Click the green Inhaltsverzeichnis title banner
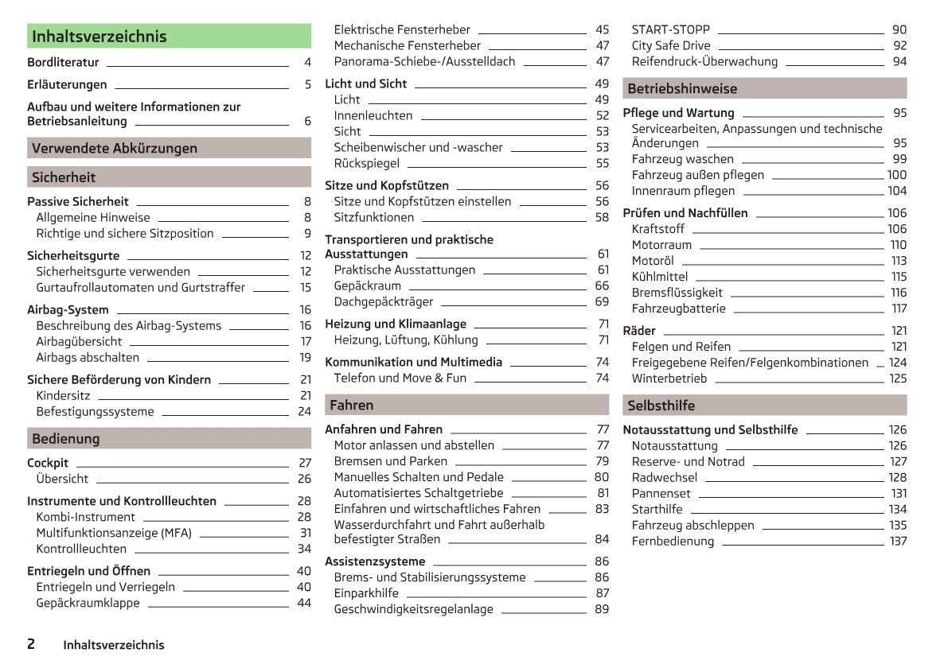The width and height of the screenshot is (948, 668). [x=169, y=37]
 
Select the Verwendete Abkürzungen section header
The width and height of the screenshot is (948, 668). [x=169, y=148]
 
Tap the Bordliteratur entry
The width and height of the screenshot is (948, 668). [x=63, y=62]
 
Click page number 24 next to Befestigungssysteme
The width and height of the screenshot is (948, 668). [x=304, y=412]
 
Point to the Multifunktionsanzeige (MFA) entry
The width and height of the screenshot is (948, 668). [x=114, y=533]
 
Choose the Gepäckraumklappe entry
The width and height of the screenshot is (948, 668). [x=88, y=603]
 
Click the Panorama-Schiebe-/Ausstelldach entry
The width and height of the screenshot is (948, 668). [x=424, y=61]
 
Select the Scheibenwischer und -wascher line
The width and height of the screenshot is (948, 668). [x=418, y=147]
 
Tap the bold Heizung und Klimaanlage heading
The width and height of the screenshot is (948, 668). [x=396, y=324]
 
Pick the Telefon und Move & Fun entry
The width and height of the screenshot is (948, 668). [x=400, y=378]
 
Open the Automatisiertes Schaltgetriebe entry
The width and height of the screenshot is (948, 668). [x=419, y=493]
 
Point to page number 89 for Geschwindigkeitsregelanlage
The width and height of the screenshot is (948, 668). [x=602, y=609]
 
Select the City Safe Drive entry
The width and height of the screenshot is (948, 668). [x=671, y=45]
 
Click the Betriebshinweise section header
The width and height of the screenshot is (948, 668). [x=764, y=88]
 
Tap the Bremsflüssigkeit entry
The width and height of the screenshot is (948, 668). [x=677, y=293]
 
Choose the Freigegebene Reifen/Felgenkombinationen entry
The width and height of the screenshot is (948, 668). [x=750, y=363]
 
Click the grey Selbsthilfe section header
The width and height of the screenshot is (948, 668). [x=764, y=406]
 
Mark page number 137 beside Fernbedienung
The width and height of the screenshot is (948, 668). [x=898, y=542]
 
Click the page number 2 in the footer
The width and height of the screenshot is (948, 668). [x=31, y=644]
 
